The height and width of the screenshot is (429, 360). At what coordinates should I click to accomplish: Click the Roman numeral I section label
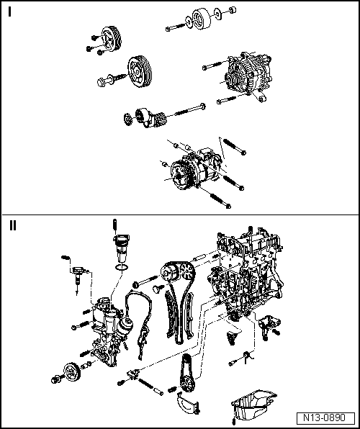10,12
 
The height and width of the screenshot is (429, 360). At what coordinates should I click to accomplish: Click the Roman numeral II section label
12,225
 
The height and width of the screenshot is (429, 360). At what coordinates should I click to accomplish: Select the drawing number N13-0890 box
325,417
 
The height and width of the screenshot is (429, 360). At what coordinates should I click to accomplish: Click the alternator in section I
248,73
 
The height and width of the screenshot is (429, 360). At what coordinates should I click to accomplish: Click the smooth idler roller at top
202,18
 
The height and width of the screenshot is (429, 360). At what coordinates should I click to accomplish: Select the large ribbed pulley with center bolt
141,72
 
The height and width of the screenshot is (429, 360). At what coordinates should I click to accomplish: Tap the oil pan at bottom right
253,405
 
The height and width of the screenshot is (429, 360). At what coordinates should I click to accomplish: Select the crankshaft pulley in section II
71,372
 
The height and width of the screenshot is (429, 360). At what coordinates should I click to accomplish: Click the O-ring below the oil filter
121,267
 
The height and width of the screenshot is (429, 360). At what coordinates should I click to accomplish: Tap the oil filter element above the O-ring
120,248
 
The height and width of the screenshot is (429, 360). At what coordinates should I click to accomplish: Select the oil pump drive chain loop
186,373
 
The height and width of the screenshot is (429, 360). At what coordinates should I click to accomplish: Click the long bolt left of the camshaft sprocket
145,281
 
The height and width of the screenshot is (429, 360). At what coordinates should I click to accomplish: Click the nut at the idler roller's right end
233,10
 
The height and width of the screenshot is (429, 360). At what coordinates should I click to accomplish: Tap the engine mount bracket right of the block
268,325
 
